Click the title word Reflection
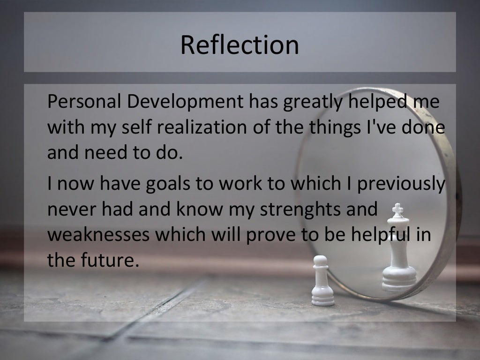coord(240,45)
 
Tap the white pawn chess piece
coord(322,281)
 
